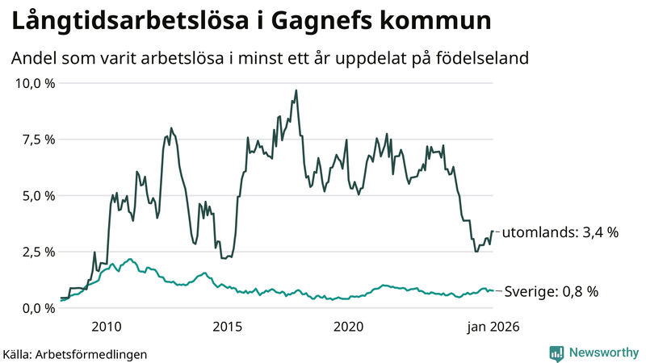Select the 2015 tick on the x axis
[x=228, y=327]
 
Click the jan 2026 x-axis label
[x=492, y=327]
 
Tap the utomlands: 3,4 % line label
[x=560, y=232]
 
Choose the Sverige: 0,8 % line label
[x=551, y=291]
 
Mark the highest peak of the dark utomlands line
[x=296, y=90]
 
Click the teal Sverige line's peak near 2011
[x=131, y=260]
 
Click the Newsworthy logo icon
[x=556, y=353]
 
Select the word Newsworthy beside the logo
[x=602, y=353]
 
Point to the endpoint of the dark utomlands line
[x=493, y=232]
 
